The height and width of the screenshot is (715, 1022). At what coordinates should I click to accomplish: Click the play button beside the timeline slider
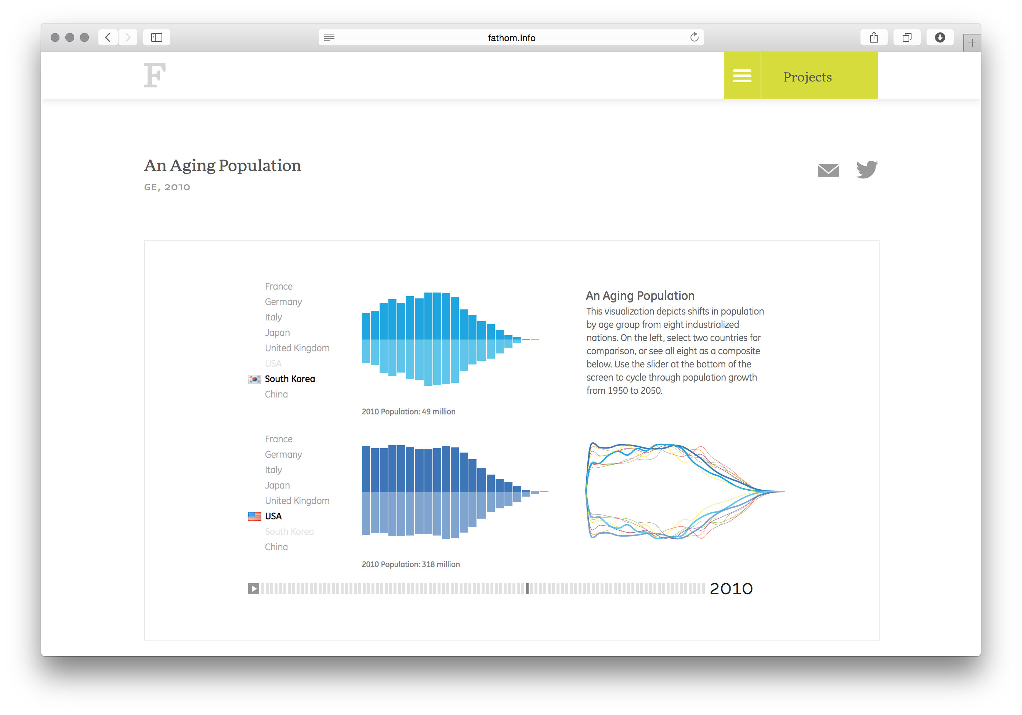point(253,589)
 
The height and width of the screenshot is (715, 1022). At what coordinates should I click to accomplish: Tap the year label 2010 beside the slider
point(731,589)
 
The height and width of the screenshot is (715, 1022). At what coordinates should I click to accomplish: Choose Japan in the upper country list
point(277,333)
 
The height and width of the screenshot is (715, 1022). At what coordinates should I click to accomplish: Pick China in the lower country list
point(276,547)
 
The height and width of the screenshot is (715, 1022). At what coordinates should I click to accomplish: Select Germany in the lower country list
point(283,454)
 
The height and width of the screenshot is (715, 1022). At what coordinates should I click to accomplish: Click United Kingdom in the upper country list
point(297,348)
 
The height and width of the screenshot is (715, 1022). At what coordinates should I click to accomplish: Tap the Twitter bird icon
point(866,170)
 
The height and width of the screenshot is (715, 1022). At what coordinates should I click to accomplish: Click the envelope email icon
point(829,170)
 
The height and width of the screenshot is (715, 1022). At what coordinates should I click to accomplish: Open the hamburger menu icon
point(742,76)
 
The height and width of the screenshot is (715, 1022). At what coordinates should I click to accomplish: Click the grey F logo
point(155,75)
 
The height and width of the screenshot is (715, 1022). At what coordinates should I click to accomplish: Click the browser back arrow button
point(108,37)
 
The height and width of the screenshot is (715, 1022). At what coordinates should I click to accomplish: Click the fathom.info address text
point(511,38)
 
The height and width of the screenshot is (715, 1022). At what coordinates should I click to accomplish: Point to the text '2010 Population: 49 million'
point(409,411)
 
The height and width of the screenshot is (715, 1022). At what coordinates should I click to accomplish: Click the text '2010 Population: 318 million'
point(411,564)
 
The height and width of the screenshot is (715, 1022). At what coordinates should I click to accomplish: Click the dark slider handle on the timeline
point(527,589)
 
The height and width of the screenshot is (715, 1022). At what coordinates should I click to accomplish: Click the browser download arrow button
point(940,37)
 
